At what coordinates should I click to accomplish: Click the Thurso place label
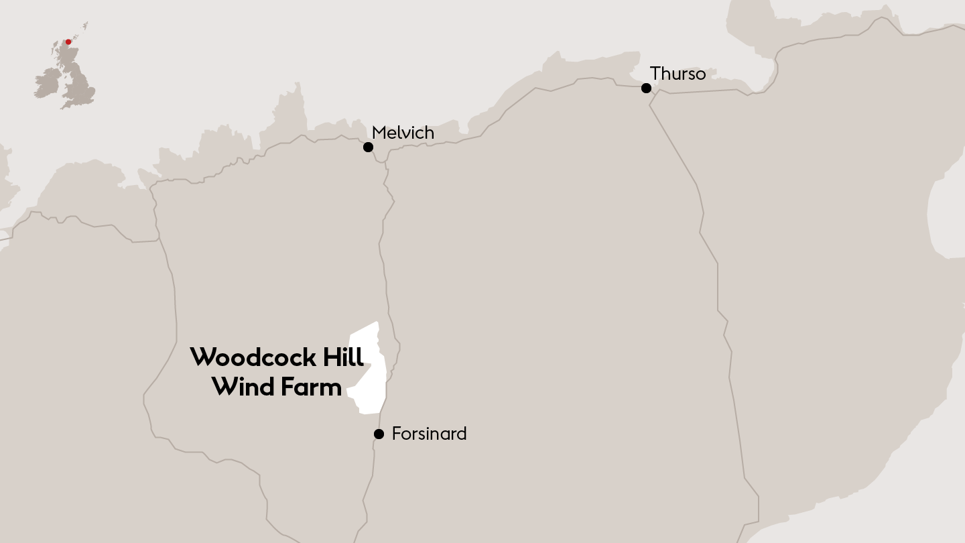point(678,74)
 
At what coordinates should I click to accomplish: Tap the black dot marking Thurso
point(646,88)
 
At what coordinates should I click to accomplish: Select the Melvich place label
point(403,133)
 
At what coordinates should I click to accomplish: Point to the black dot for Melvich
point(368,147)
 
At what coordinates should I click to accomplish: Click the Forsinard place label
point(429,434)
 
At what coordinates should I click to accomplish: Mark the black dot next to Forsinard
point(379,434)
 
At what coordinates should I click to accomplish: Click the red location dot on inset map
point(68,42)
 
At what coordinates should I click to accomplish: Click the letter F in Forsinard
point(396,434)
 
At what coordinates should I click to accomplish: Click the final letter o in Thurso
point(700,75)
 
